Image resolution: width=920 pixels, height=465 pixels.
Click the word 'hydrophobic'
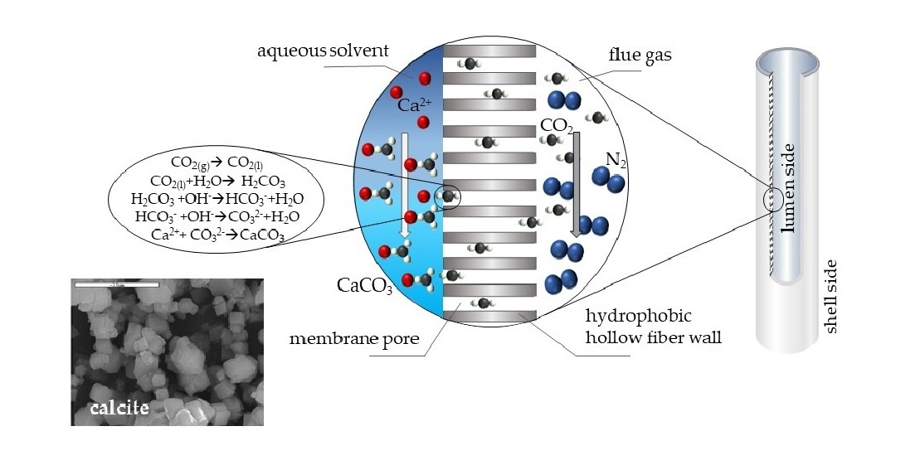point(627,316)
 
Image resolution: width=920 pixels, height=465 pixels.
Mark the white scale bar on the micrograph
point(115,285)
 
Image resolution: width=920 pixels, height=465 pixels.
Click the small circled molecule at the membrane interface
point(449,196)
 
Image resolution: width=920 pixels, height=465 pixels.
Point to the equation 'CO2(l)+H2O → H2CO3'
point(213,180)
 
